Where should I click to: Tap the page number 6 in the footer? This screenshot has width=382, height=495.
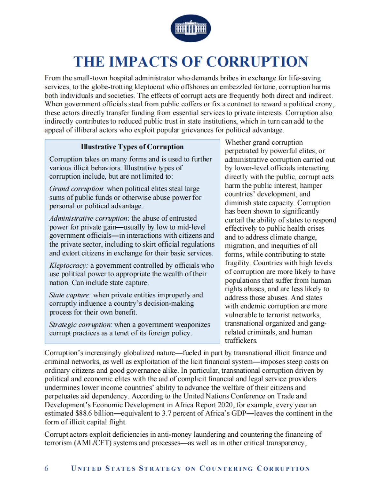(x=46, y=468)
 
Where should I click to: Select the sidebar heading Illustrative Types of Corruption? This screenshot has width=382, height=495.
(x=132, y=147)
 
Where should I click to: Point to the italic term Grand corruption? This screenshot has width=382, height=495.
(x=76, y=189)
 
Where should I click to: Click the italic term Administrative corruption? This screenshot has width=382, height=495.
(x=88, y=218)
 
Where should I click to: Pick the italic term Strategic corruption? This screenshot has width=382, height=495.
(x=80, y=325)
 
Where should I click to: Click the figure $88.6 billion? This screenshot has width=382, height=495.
(x=95, y=414)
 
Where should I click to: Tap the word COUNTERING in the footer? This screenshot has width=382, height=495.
(x=226, y=468)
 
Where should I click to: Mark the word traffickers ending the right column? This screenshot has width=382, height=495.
(x=241, y=341)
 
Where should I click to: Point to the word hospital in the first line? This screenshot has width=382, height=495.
(x=117, y=78)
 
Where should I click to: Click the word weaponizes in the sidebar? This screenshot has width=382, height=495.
(x=195, y=325)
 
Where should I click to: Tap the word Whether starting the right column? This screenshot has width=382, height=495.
(x=238, y=142)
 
